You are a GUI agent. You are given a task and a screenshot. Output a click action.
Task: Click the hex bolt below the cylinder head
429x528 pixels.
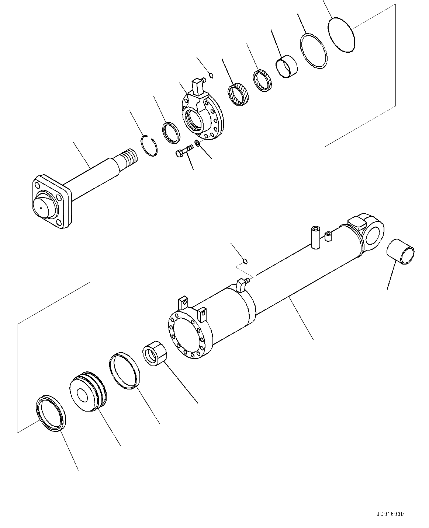[x=184, y=151]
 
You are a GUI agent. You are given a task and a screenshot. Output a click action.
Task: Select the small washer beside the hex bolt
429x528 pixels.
[x=197, y=143]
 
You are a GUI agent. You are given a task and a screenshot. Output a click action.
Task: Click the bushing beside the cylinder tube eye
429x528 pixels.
[x=401, y=252]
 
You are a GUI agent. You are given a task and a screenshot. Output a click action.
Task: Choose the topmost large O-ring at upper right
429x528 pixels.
[x=341, y=35]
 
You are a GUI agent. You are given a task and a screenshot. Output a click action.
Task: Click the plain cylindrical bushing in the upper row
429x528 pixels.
[x=287, y=66]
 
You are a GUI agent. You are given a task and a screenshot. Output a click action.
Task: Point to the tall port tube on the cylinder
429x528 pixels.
[x=316, y=237]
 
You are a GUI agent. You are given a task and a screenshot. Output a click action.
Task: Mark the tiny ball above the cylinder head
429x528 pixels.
[x=211, y=76]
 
